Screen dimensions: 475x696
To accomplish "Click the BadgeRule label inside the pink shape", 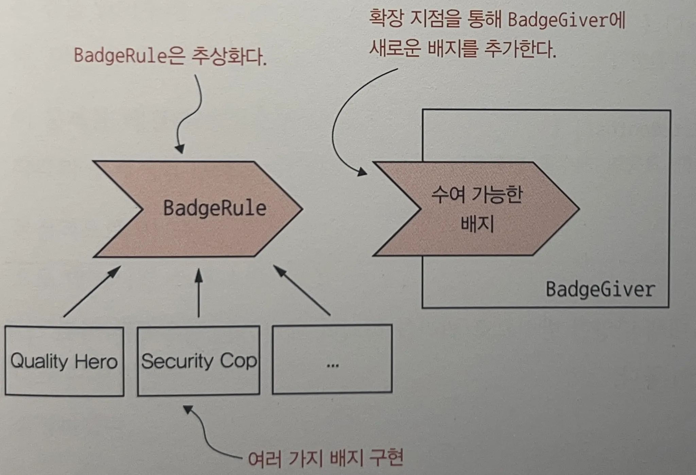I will pos(214,208).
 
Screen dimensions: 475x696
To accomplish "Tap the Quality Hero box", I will pos(64,361).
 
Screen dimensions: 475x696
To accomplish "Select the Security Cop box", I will pos(199,361).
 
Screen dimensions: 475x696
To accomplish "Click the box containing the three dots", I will pos(332,359).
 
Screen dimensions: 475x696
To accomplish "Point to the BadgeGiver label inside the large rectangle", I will pos(600,290).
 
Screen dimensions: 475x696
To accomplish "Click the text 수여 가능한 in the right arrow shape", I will pos(476,195).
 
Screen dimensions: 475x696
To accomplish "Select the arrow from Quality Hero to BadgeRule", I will pos(92,292).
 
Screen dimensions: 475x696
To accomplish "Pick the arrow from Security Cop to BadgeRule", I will pos(199,293).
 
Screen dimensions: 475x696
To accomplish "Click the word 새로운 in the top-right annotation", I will pos(394,49).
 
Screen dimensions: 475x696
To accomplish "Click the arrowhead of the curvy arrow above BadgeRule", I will pos(180,149).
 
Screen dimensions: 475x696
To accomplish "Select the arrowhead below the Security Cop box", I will pos(188,409).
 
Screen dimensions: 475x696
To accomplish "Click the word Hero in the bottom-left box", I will pos(96,361).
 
